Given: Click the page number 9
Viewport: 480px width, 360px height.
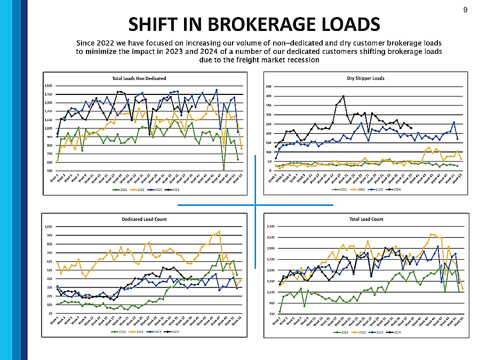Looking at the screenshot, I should pyautogui.click(x=465, y=10).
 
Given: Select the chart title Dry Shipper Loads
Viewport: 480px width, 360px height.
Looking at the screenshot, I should pyautogui.click(x=365, y=78).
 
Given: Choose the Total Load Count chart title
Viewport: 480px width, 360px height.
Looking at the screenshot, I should pyautogui.click(x=365, y=219).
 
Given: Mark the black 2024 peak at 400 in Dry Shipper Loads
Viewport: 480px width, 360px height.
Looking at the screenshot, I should pyautogui.click(x=343, y=96).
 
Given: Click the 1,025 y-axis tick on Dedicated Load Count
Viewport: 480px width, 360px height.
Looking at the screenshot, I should pyautogui.click(x=48, y=227).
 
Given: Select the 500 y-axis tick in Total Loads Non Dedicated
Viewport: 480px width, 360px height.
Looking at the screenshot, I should pyautogui.click(x=49, y=171).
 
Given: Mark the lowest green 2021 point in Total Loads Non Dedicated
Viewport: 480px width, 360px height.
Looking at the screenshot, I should pyautogui.click(x=224, y=169).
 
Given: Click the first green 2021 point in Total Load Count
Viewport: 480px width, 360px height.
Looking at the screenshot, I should pyautogui.click(x=280, y=311).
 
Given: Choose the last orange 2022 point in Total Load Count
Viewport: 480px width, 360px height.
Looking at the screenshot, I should pyautogui.click(x=462, y=289).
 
